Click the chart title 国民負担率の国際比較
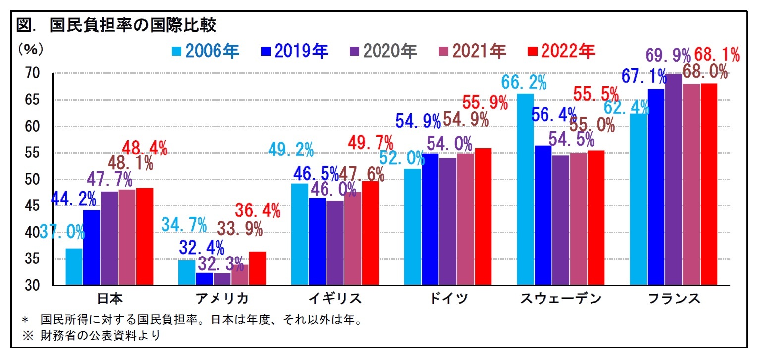point(116,25)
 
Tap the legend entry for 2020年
point(383,51)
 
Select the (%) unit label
point(31,50)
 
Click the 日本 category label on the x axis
point(109,298)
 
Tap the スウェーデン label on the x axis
point(560,298)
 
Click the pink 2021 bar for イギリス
point(352,238)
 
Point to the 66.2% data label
point(524,82)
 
